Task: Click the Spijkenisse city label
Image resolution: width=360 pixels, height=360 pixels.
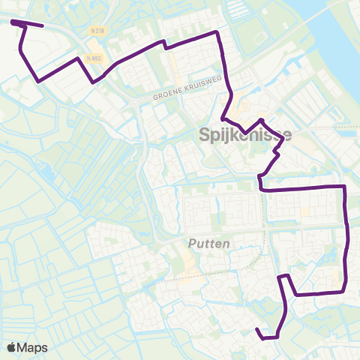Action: pyautogui.click(x=245, y=135)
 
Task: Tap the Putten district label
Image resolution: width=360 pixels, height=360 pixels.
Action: pyautogui.click(x=208, y=244)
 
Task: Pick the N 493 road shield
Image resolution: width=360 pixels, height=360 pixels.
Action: pyautogui.click(x=92, y=58)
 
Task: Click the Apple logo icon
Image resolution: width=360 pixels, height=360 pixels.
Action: pyautogui.click(x=13, y=347)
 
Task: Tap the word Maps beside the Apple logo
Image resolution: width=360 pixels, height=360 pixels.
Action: pyautogui.click(x=34, y=347)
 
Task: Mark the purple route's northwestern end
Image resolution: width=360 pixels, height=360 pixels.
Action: pyautogui.click(x=13, y=22)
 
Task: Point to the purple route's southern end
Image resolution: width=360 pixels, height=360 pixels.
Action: pyautogui.click(x=257, y=330)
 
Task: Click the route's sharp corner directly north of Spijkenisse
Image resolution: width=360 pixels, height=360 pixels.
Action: pyautogui.click(x=217, y=32)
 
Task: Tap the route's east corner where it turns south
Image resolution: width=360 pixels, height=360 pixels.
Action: pyautogui.click(x=343, y=185)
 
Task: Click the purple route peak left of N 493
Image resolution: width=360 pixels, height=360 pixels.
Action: pyautogui.click(x=78, y=58)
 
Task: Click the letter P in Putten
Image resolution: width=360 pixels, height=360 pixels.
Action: pyautogui.click(x=190, y=244)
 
